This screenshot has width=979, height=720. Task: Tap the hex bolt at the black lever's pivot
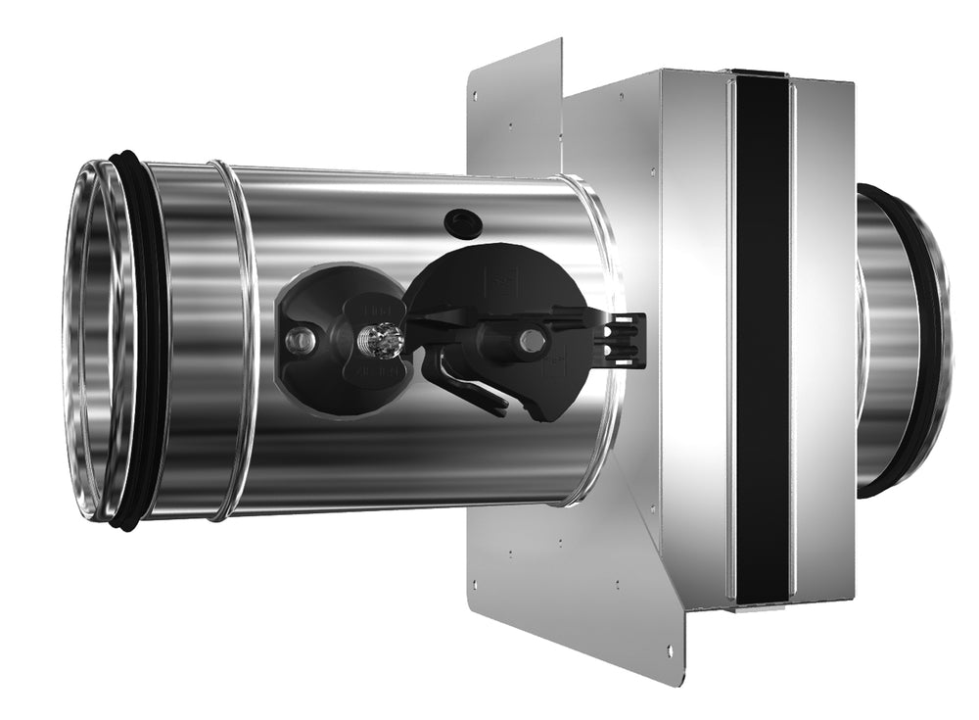tap(532, 340)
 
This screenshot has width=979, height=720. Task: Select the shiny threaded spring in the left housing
tap(379, 341)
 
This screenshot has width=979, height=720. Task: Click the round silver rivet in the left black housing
tap(301, 340)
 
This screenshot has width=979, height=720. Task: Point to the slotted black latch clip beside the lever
tap(623, 339)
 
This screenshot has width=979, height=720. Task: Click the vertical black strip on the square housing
tap(762, 338)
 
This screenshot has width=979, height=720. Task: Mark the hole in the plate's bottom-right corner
tap(669, 650)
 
